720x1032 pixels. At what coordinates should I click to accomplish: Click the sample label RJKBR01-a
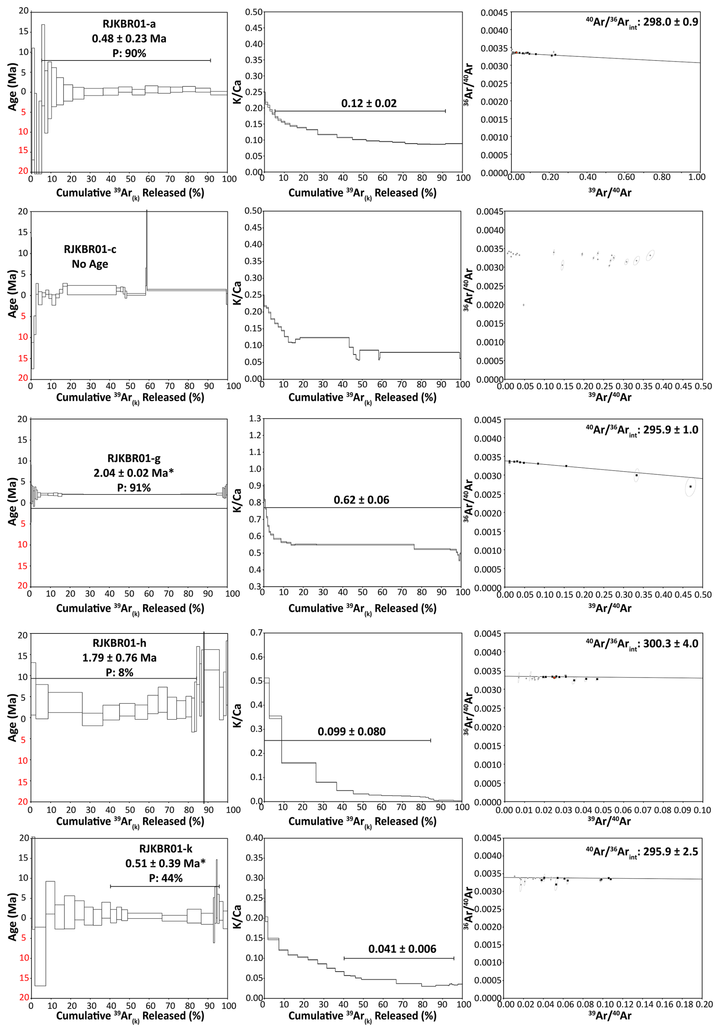click(x=129, y=24)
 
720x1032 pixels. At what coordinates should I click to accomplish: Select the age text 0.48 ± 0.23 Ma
click(x=129, y=39)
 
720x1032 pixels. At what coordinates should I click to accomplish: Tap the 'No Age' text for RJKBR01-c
click(x=90, y=264)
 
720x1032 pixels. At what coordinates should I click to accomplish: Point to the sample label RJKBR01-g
click(x=134, y=458)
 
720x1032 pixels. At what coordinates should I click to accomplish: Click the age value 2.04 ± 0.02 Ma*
click(x=134, y=473)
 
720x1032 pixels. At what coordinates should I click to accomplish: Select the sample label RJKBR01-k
click(x=166, y=849)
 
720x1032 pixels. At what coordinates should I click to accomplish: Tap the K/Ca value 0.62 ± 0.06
click(x=362, y=500)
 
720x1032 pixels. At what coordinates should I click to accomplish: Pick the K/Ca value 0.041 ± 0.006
click(x=402, y=949)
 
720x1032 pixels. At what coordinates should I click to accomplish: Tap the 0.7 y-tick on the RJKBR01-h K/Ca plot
click(x=256, y=632)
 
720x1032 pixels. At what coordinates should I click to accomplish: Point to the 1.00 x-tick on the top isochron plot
click(x=697, y=177)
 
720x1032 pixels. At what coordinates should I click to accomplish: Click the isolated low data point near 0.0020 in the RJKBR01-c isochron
click(x=524, y=305)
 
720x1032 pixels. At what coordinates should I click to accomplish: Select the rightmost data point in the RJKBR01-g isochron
click(x=690, y=486)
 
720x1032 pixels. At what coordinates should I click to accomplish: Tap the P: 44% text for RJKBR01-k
click(x=166, y=878)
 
